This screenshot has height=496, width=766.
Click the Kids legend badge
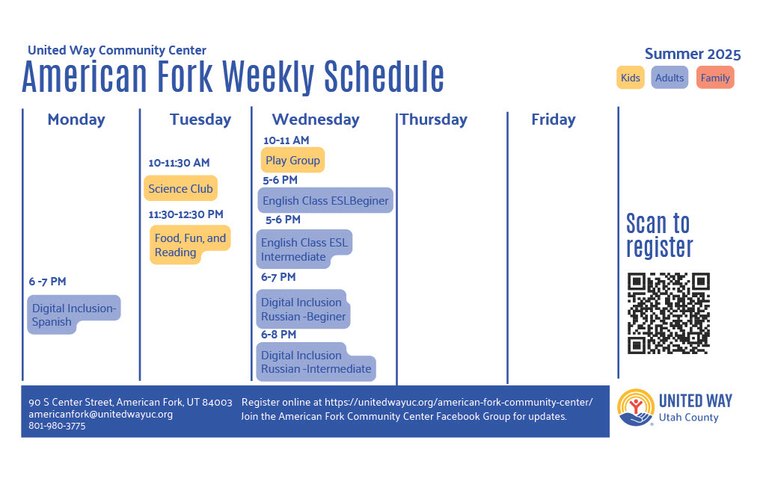(x=630, y=78)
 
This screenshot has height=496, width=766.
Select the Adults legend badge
(x=670, y=78)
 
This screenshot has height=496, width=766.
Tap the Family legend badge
(x=715, y=78)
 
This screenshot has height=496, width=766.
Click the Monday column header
(x=76, y=120)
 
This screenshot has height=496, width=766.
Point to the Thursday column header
(x=434, y=120)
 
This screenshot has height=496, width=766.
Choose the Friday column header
(x=554, y=120)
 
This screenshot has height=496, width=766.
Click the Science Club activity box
(x=181, y=188)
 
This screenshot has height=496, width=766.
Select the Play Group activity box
(x=292, y=160)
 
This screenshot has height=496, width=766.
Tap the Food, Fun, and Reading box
(x=189, y=245)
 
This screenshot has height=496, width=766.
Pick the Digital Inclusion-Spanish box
(x=73, y=314)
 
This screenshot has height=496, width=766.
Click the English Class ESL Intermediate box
(x=304, y=249)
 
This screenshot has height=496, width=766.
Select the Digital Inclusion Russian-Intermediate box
(x=316, y=362)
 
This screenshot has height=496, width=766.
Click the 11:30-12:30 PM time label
(x=186, y=214)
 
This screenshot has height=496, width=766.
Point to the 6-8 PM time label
(x=278, y=335)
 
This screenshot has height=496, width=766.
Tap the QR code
(x=668, y=313)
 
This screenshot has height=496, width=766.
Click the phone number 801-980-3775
(x=57, y=426)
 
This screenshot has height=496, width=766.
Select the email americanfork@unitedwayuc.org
(x=101, y=414)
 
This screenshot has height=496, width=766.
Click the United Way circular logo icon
(x=636, y=408)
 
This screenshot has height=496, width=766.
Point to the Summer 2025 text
(x=693, y=54)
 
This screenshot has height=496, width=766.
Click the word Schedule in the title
(x=384, y=77)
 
